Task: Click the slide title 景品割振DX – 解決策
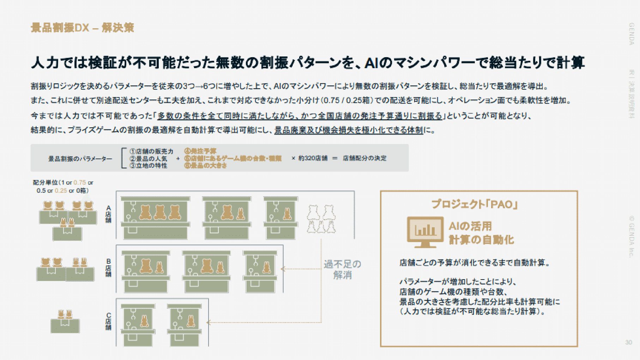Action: point(82,28)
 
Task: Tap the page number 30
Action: point(628,342)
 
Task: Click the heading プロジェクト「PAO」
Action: point(475,204)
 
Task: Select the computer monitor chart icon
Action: point(425,232)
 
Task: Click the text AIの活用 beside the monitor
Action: point(470,226)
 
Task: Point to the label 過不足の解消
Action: point(342,269)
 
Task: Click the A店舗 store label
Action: point(108,214)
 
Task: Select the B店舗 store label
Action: point(108,268)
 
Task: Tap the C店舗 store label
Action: point(108,322)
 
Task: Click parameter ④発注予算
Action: point(200,151)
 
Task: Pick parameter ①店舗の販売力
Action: point(151,151)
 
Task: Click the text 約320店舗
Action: point(313,158)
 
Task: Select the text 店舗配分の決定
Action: point(364,158)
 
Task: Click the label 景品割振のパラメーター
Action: point(80,159)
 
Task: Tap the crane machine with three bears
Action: point(155,217)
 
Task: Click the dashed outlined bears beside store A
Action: point(321,219)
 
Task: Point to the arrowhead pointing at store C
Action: point(209,322)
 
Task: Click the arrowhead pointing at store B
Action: point(283,269)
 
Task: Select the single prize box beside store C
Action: point(65,322)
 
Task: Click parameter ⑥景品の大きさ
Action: point(205,165)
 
